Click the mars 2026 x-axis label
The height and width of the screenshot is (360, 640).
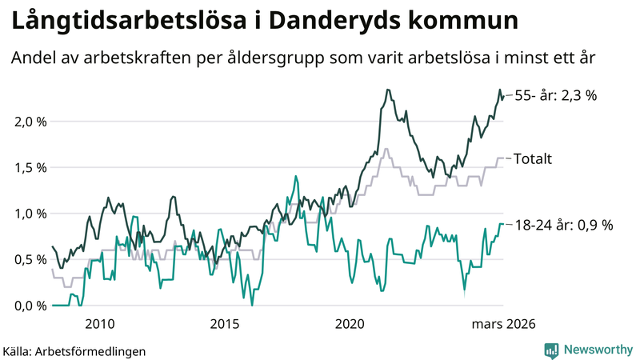502,324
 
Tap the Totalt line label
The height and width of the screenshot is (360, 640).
533,158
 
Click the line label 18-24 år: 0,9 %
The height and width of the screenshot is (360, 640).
563,225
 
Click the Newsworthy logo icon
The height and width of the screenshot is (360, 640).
552,350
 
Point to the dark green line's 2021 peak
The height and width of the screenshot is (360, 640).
388,90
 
